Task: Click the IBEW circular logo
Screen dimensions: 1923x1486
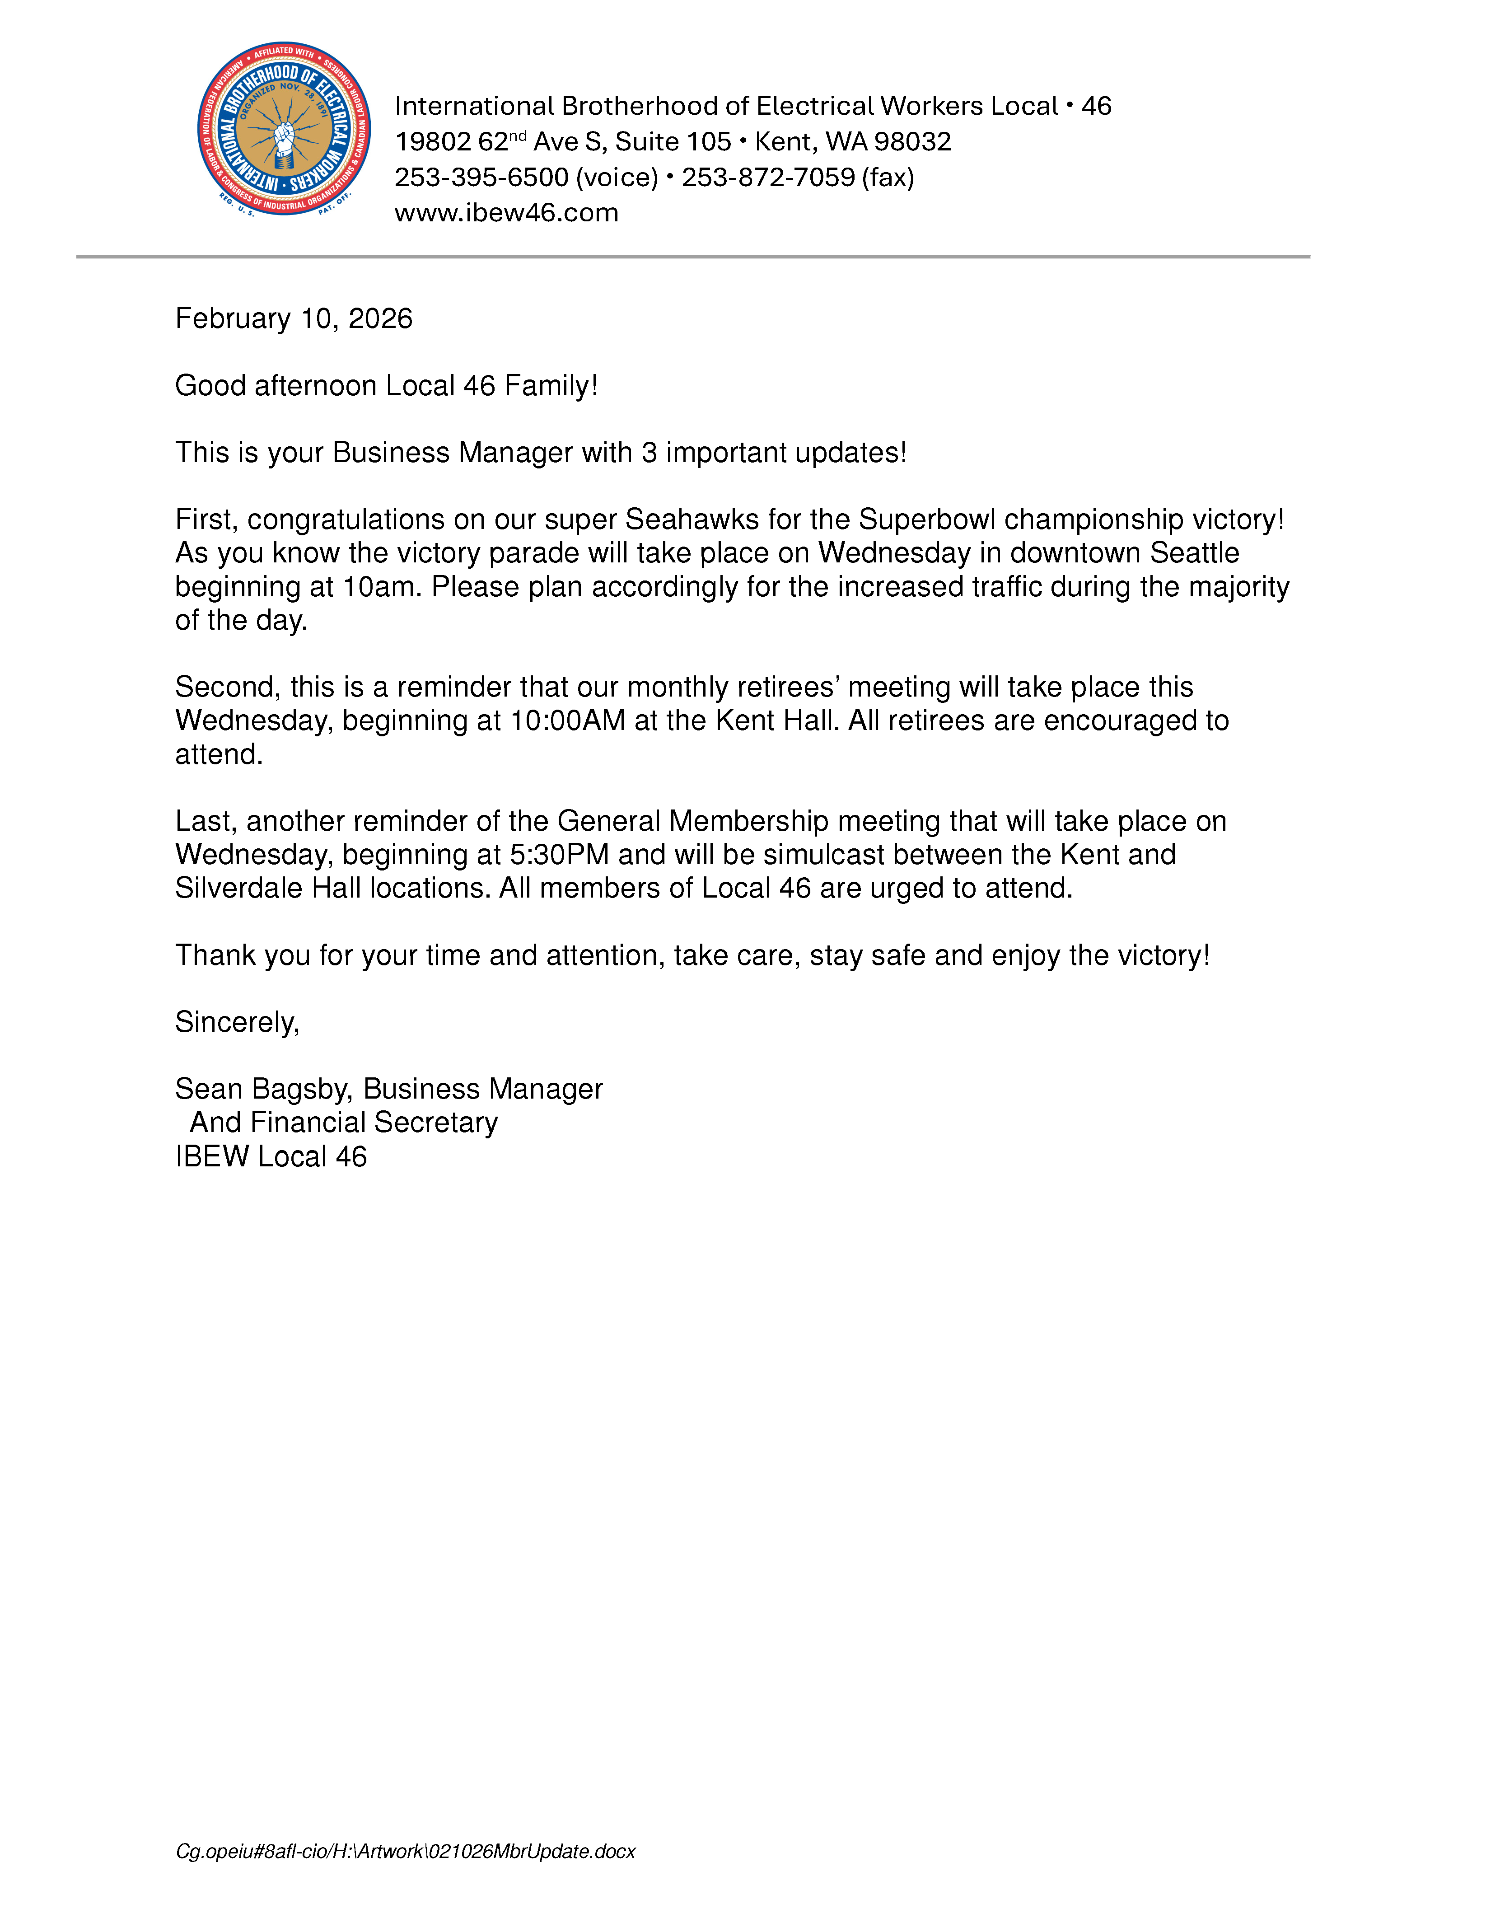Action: click(x=284, y=129)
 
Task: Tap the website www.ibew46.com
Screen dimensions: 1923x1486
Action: click(x=506, y=213)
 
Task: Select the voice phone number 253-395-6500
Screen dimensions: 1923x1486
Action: click(x=481, y=177)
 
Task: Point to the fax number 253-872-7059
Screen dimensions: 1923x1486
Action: click(x=768, y=177)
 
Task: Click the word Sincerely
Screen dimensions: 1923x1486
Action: click(x=236, y=1022)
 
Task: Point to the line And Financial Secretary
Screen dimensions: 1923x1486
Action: click(x=343, y=1123)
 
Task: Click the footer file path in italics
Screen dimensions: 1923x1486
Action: click(x=405, y=1852)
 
